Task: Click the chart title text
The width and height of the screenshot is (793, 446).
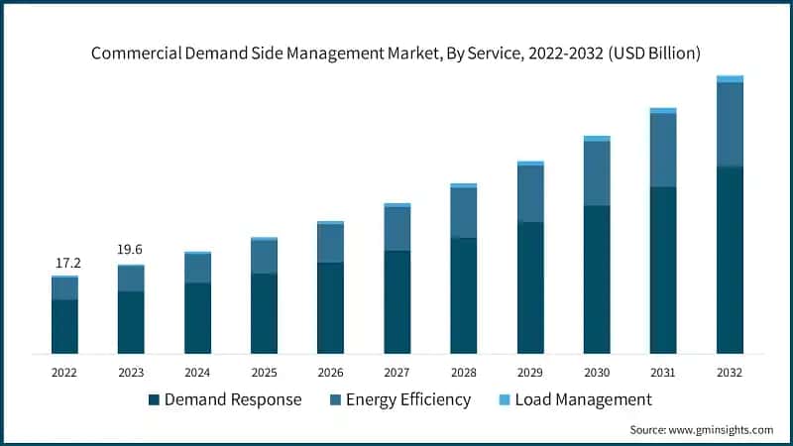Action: [x=396, y=54]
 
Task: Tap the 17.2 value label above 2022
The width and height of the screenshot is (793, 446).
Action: [x=66, y=264]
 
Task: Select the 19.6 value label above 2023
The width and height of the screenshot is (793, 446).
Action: [x=130, y=250]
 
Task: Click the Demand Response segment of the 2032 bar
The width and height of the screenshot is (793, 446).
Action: [x=730, y=260]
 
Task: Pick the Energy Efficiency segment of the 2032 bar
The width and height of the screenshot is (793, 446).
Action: [x=730, y=124]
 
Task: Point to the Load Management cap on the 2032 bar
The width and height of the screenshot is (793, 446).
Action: [x=730, y=78]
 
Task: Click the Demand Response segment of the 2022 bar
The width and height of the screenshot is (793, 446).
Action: [x=65, y=326]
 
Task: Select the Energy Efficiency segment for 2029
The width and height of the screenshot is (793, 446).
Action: [x=530, y=193]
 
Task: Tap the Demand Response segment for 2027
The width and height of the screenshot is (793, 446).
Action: [x=397, y=301]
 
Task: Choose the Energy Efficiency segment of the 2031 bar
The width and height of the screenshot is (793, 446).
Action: [x=663, y=150]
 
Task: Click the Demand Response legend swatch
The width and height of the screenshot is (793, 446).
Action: [x=154, y=400]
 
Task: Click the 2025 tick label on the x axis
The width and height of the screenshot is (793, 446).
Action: [x=264, y=372]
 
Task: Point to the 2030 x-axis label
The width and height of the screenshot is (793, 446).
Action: [x=597, y=372]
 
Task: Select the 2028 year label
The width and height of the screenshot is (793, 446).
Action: [x=464, y=372]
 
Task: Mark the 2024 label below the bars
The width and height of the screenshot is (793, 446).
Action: [x=197, y=372]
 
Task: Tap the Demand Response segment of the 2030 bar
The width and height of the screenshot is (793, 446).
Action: [x=597, y=279]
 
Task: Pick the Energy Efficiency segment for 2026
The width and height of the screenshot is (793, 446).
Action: [x=330, y=243]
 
